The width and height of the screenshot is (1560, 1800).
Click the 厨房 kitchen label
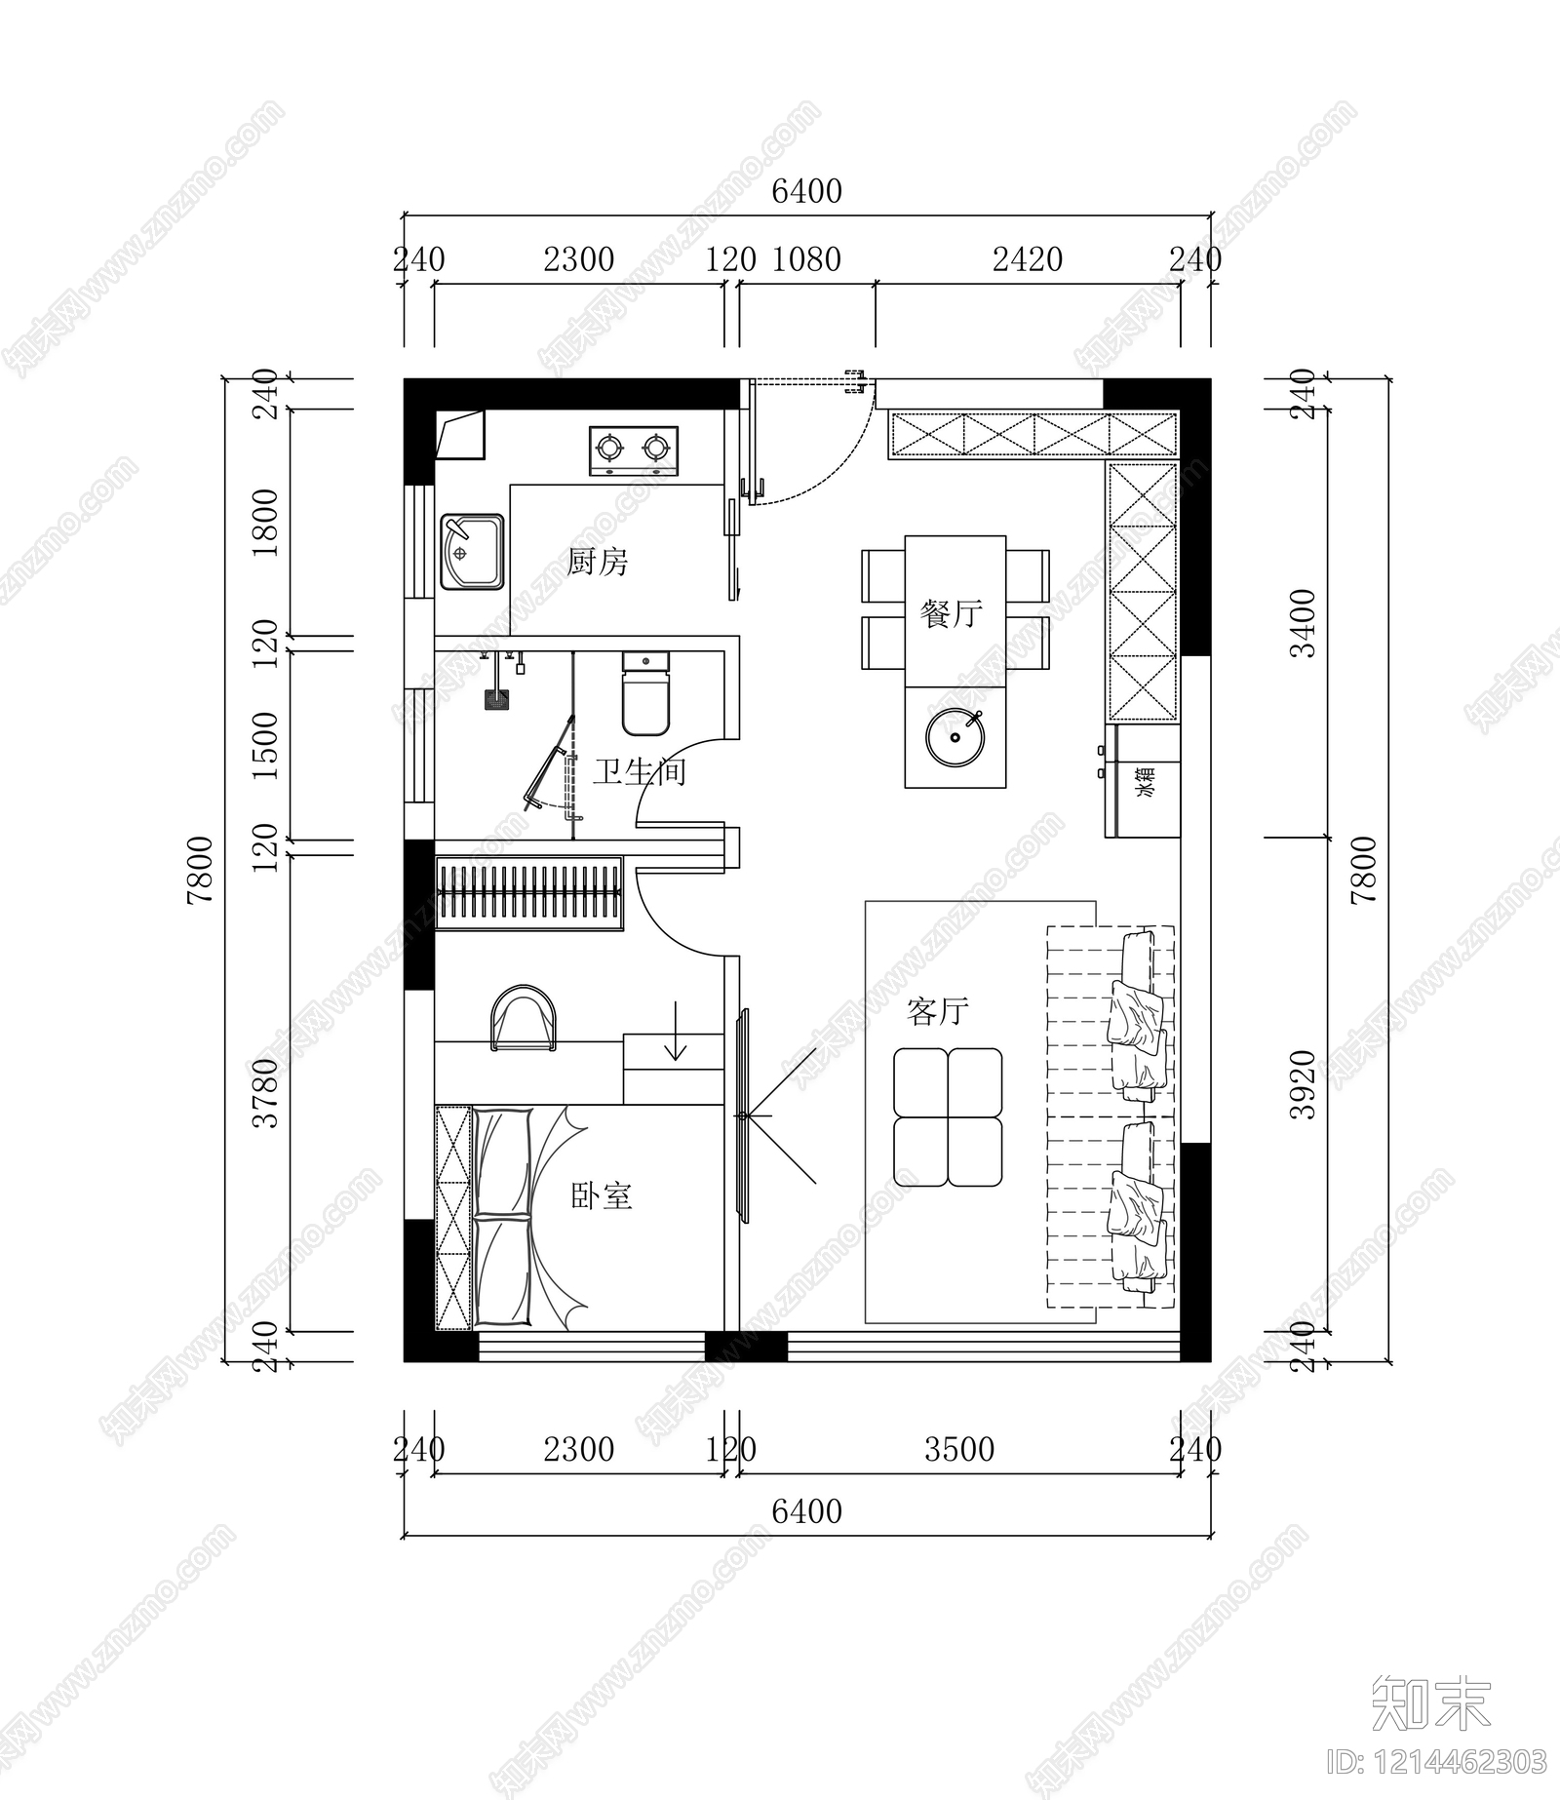tap(598, 562)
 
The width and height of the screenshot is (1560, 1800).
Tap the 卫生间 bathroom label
tap(640, 772)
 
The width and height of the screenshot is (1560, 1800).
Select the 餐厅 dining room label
tap(952, 613)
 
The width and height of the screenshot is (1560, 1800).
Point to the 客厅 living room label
tap(938, 1011)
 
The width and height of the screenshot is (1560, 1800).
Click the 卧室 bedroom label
tap(602, 1195)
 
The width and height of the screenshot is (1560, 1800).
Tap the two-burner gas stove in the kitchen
tap(634, 450)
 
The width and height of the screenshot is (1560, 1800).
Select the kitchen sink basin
tap(473, 552)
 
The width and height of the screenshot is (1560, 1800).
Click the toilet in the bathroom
tap(645, 693)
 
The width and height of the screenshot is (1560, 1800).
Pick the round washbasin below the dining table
tap(955, 737)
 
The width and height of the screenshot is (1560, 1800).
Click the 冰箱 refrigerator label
tap(1145, 782)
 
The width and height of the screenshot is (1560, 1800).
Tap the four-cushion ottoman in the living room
tap(948, 1117)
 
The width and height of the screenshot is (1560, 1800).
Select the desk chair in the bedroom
tap(525, 1018)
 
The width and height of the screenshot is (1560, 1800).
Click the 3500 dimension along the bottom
tap(959, 1450)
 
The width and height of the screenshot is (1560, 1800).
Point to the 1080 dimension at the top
tap(806, 259)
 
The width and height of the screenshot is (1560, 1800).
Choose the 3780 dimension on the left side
tap(265, 1093)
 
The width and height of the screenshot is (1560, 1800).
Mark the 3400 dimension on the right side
tap(1303, 623)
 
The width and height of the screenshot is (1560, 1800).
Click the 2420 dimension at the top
tap(1028, 259)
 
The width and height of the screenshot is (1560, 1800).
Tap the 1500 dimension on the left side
tap(265, 745)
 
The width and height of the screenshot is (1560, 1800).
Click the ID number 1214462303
tap(1438, 1762)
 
